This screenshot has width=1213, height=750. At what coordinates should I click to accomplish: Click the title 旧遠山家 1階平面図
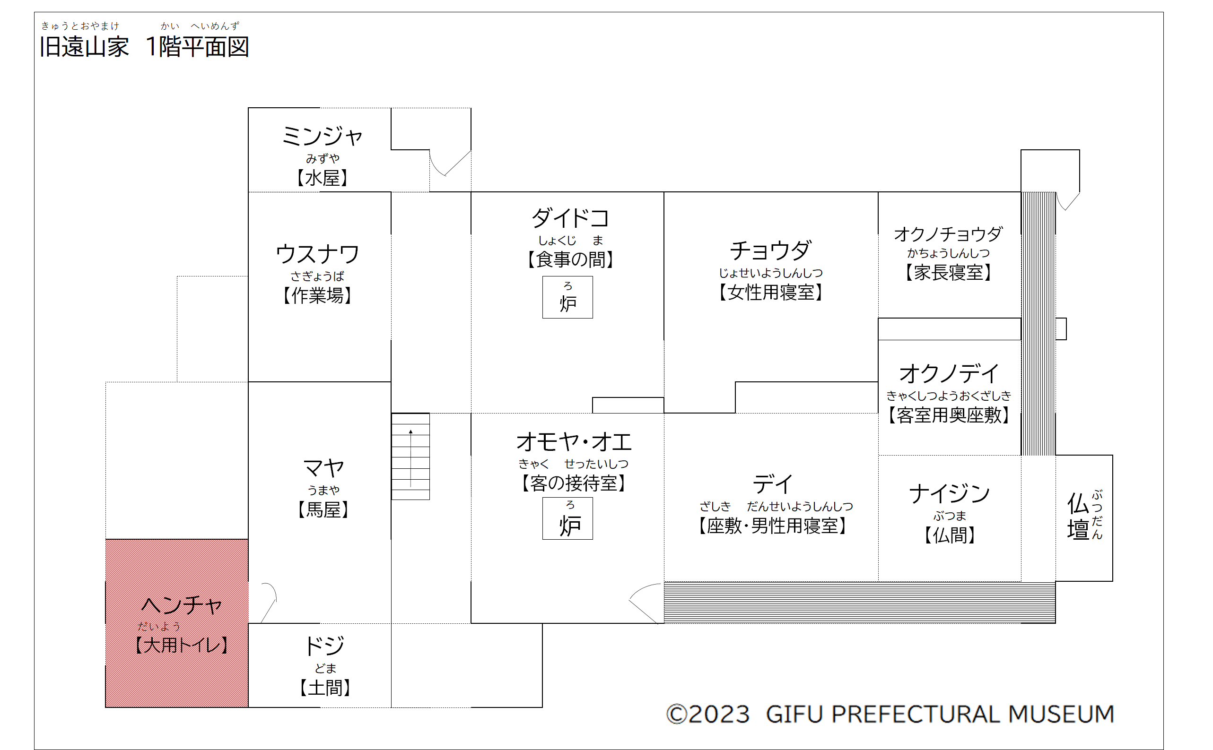144,47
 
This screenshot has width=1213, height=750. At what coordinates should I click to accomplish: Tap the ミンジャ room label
322,136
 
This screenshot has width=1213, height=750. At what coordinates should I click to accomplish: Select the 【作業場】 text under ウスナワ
317,295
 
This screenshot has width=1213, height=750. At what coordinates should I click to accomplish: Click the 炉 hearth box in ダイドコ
567,297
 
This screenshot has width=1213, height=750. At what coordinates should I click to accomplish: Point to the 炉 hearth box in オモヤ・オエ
567,518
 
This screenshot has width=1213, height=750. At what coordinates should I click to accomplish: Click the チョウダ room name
771,250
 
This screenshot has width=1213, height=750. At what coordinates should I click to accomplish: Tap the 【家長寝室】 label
949,272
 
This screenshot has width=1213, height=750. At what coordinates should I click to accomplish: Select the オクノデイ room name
949,373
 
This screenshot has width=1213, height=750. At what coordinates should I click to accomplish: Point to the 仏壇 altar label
1084,516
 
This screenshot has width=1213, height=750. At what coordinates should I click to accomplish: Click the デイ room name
773,483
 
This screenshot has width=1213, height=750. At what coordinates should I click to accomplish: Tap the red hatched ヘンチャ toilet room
177,623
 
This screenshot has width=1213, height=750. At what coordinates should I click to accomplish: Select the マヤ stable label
323,468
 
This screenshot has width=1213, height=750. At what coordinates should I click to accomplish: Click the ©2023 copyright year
708,714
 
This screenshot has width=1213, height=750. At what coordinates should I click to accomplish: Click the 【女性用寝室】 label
771,292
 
